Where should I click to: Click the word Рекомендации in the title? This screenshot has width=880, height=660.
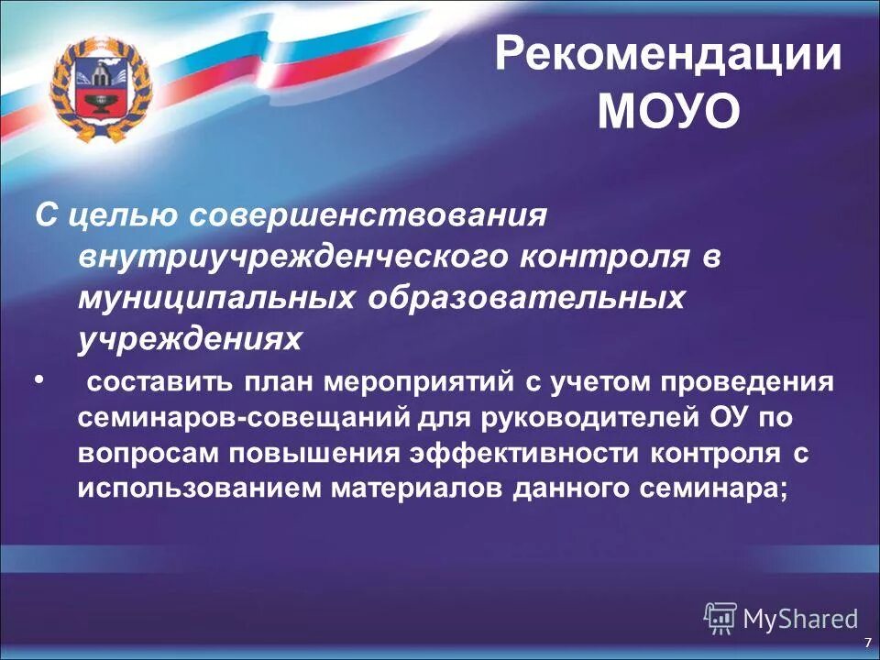click(668, 56)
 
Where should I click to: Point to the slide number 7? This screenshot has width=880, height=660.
click(867, 642)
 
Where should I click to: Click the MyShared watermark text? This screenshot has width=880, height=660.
click(800, 619)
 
